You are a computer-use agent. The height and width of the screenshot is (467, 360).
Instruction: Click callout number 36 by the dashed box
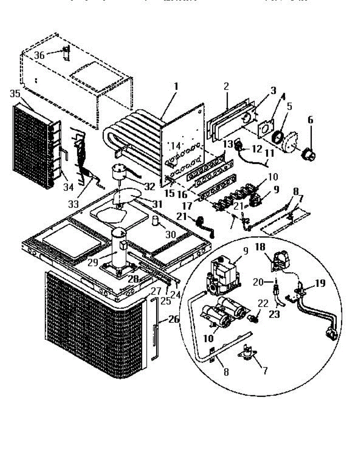coord(39,55)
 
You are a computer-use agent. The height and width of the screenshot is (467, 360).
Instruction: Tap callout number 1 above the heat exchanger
coord(176,86)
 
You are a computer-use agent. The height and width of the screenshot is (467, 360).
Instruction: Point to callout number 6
coord(310,120)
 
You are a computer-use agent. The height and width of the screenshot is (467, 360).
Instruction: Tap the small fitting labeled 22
coord(255,319)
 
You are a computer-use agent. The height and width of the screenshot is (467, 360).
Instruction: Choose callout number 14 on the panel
coord(176,146)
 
